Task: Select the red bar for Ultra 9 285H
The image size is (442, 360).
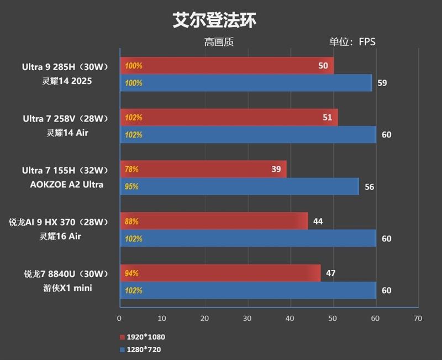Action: tap(227, 66)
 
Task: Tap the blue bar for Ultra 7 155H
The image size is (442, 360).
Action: tap(239, 187)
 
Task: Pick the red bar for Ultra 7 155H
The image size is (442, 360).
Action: tap(203, 169)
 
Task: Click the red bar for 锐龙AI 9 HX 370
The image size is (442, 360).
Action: tap(213, 221)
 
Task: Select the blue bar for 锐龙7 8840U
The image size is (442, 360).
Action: tap(248, 290)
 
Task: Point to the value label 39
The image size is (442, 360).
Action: tap(276, 169)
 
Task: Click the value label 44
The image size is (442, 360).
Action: tap(318, 221)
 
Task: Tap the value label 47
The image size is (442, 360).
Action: tap(330, 273)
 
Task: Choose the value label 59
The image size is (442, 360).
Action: tap(382, 83)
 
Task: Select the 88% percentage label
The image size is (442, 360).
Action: tap(131, 221)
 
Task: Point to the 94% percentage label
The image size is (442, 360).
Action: tap(131, 273)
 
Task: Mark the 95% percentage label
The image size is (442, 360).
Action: tap(131, 187)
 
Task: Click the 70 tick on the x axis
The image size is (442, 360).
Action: tap(418, 319)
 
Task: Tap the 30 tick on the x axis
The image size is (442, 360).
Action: tap(247, 319)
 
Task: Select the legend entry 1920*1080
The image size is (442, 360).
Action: tap(142, 337)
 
